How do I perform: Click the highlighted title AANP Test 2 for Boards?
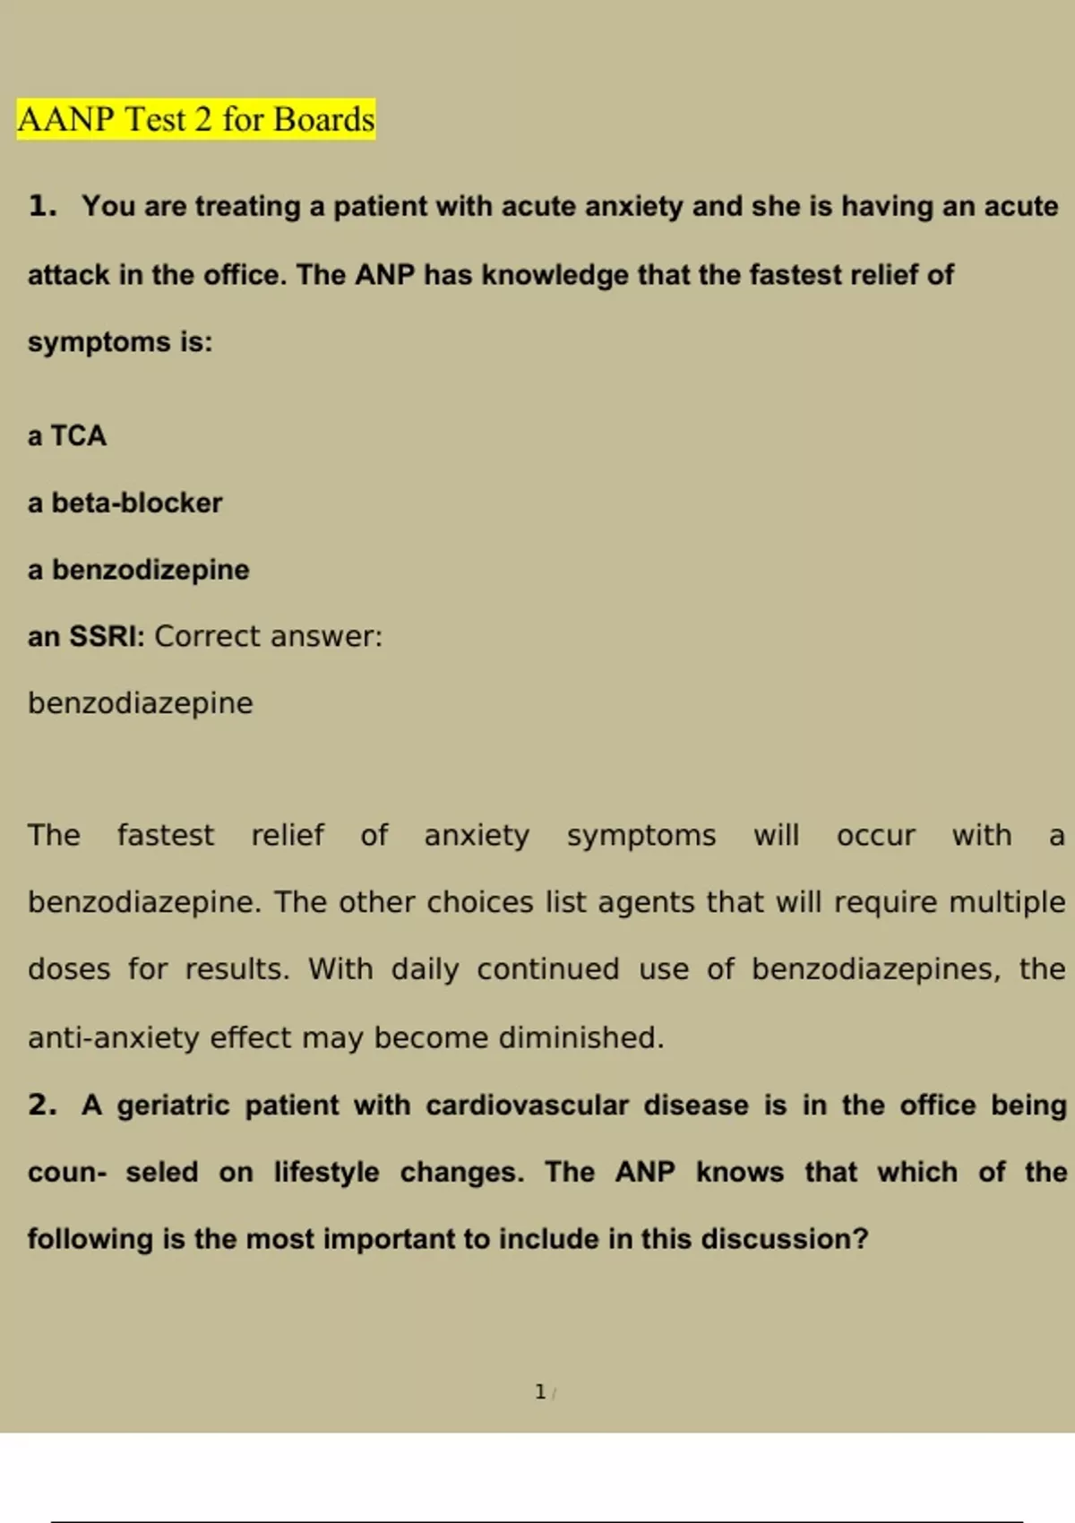(195, 120)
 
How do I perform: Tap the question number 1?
(41, 206)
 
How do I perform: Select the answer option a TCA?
(67, 436)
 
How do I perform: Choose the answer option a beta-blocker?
(125, 503)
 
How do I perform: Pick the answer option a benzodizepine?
(138, 570)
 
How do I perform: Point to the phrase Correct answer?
(268, 636)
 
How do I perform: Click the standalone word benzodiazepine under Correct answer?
(140, 703)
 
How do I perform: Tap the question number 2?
(41, 1105)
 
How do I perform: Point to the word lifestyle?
(326, 1172)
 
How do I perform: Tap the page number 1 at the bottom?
(540, 1391)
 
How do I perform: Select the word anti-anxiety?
(114, 1037)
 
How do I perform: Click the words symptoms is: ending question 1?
(120, 342)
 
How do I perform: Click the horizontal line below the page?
(537, 1521)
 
